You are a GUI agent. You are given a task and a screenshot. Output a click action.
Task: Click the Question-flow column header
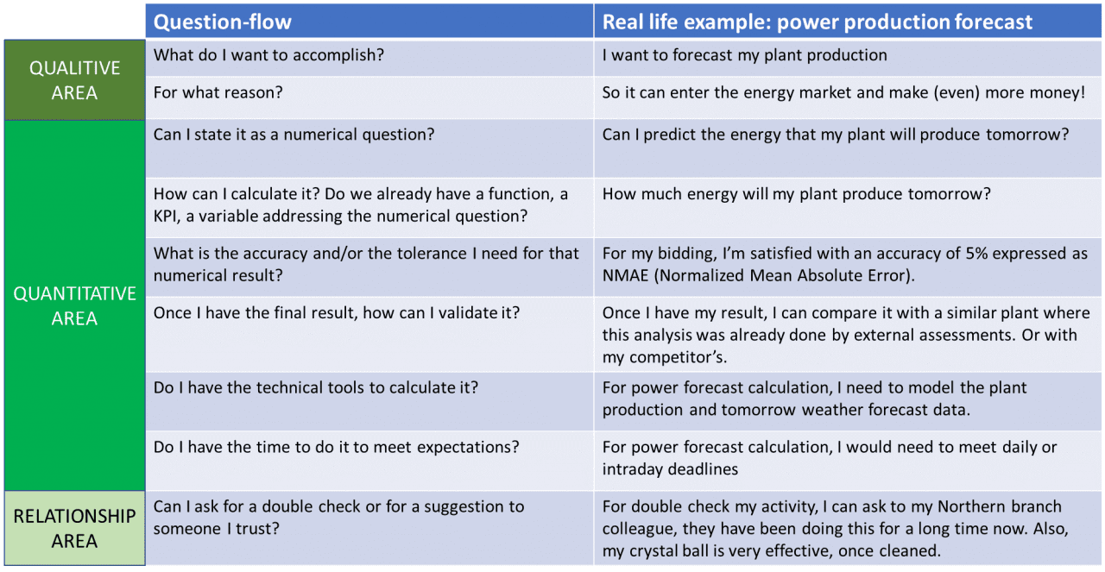click(x=223, y=22)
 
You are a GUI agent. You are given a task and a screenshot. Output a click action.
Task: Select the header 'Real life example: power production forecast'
click(x=817, y=22)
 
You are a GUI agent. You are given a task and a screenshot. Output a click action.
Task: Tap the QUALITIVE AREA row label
click(x=74, y=79)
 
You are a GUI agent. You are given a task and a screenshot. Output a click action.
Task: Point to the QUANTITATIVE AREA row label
click(x=74, y=305)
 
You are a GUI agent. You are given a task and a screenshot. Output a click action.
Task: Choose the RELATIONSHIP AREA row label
click(x=74, y=528)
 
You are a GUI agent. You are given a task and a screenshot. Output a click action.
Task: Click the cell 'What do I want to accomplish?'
click(x=268, y=55)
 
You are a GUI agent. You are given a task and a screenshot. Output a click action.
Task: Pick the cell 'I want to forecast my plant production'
click(x=744, y=55)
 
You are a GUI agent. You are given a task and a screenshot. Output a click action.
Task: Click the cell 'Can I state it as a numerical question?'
click(x=294, y=135)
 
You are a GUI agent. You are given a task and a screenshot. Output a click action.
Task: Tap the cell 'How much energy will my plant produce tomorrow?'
click(x=796, y=194)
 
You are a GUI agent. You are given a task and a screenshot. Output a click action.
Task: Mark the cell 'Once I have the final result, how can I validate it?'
click(x=337, y=312)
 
